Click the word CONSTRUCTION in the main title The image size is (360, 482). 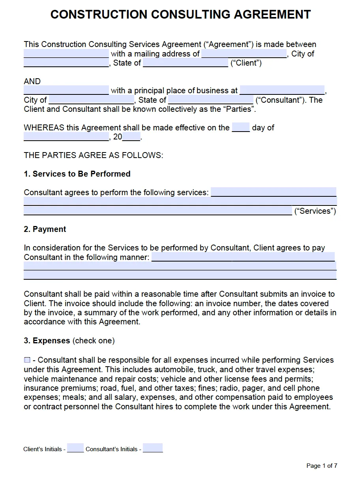(x=99, y=15)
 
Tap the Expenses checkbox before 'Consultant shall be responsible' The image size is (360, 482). (x=27, y=360)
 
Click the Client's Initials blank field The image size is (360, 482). (x=75, y=448)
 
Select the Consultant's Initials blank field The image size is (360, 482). (x=153, y=448)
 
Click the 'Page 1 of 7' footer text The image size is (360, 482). (x=322, y=466)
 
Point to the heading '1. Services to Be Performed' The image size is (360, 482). (x=77, y=174)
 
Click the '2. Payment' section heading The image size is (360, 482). (x=45, y=229)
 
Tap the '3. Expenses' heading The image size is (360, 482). (x=47, y=341)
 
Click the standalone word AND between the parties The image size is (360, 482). (x=32, y=81)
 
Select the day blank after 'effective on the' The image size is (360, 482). (x=241, y=128)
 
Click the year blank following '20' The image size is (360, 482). (x=131, y=137)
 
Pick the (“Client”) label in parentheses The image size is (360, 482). (x=246, y=63)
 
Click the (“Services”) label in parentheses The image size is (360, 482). (x=315, y=211)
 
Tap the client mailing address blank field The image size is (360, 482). (x=244, y=54)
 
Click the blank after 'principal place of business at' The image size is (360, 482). (x=282, y=90)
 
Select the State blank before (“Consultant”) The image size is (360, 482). (x=210, y=100)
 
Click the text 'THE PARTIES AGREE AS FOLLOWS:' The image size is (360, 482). (x=93, y=155)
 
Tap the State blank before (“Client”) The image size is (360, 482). (x=185, y=63)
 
